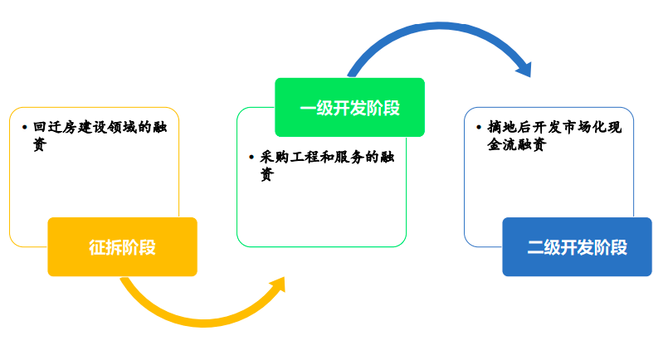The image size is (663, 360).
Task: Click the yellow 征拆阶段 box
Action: [x=122, y=246]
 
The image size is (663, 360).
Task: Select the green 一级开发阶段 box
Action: [x=349, y=107]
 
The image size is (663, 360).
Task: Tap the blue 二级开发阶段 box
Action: [x=577, y=246]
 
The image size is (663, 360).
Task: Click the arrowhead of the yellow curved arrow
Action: [x=278, y=286]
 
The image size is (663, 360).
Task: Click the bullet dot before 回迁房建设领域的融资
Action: [x=24, y=129]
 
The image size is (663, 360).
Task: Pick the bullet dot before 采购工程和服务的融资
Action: [x=251, y=158]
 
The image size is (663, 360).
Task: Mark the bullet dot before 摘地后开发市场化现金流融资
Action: [x=479, y=129]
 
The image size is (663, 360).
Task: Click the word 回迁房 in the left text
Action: [x=55, y=128]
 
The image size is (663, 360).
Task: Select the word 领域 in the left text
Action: [x=119, y=128]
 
